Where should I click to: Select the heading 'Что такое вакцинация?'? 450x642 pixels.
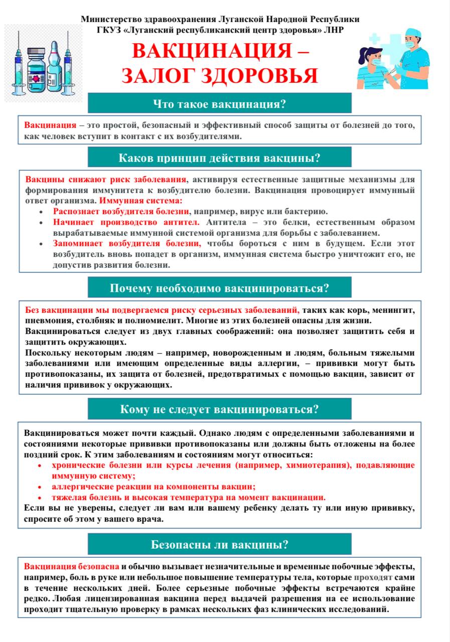(219, 104)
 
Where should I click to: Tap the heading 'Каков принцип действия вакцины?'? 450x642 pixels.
(219, 158)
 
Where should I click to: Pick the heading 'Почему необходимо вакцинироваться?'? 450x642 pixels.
(219, 288)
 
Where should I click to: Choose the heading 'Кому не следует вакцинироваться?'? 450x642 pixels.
(219, 409)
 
